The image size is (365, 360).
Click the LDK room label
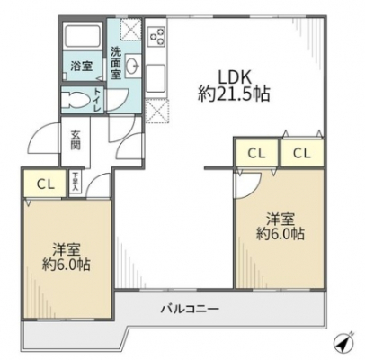point(234,76)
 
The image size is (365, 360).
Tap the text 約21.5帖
point(234,94)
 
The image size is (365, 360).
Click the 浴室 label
point(82,66)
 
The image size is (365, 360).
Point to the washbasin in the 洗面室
point(132,64)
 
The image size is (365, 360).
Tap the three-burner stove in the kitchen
point(157,35)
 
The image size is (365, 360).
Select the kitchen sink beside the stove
point(156,78)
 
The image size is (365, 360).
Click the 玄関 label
point(76,140)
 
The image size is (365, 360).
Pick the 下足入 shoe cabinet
point(75,182)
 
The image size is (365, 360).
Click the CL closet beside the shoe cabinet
point(45,184)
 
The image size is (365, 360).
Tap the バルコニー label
point(190,309)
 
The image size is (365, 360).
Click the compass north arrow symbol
point(344,341)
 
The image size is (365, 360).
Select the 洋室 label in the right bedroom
point(280,220)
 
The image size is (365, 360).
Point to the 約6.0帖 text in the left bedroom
point(66,265)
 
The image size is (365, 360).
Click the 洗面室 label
point(116,63)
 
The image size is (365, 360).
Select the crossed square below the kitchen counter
point(157,111)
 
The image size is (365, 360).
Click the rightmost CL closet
point(302,153)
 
